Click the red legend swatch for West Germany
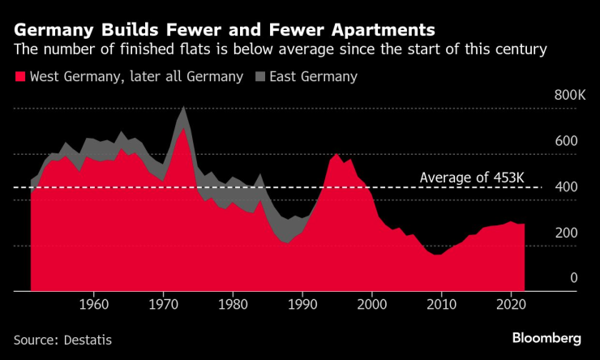coord(19,77)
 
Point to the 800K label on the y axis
coord(570,96)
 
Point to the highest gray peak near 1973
coord(183,108)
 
